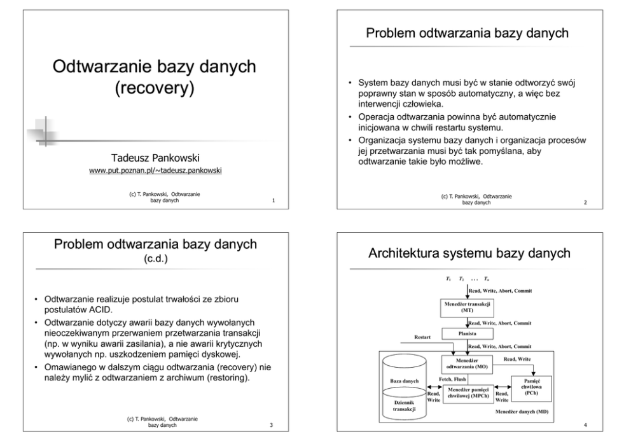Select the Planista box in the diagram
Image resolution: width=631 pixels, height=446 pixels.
(468, 333)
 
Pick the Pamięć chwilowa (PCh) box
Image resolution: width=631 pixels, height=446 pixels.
(531, 386)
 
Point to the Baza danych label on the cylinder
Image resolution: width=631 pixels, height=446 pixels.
(403, 381)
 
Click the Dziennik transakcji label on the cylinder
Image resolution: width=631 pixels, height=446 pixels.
(403, 406)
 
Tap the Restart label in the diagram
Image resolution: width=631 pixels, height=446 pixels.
(424, 337)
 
